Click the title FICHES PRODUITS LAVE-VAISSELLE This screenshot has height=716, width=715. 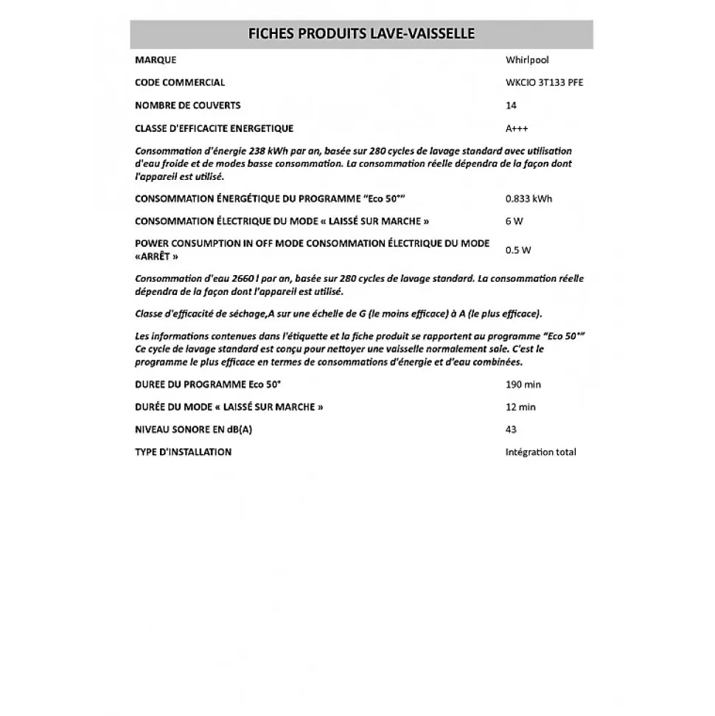pos(360,34)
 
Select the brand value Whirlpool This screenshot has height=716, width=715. pos(527,60)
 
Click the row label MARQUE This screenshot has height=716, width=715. pos(156,60)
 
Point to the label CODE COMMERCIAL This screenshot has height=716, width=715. pos(180,83)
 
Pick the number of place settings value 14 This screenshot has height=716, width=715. pos(511,105)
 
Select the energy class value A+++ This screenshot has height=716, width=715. pos(517,128)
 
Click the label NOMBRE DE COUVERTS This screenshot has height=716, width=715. pos(188,105)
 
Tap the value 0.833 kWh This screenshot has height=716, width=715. pos(529,199)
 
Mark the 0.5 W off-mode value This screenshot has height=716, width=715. pos(518,250)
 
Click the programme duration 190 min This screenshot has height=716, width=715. pos(523,385)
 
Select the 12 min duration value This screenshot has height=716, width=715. pos(520,407)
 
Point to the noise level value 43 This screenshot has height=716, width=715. pos(511,430)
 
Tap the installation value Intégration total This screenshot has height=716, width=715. pos(541,452)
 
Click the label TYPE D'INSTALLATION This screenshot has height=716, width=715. pos(183,452)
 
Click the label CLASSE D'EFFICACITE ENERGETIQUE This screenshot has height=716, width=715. pos(214,128)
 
